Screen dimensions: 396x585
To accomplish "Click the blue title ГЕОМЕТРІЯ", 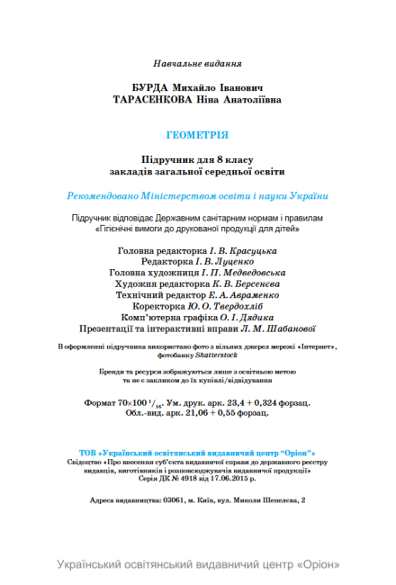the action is [197, 135].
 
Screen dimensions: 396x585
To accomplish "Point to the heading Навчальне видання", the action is [198, 64].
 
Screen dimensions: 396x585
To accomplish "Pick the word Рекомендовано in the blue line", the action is [106, 195].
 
